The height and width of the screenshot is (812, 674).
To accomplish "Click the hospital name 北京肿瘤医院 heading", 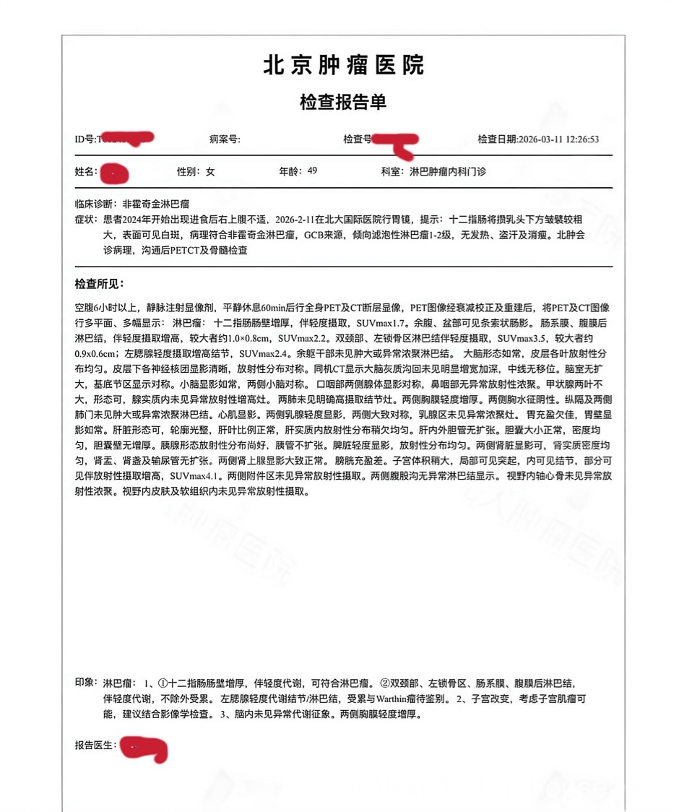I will (x=343, y=66).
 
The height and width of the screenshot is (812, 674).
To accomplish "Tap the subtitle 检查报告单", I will (x=343, y=102).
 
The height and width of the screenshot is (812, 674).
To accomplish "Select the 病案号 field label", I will (x=224, y=139).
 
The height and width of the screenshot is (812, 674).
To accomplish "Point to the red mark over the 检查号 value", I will (x=397, y=142).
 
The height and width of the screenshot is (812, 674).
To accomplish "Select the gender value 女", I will (x=210, y=172).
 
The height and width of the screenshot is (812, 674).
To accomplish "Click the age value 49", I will (x=312, y=171).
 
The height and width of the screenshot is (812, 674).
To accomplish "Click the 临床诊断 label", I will (x=95, y=204).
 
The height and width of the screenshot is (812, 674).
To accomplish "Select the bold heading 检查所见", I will (x=100, y=283).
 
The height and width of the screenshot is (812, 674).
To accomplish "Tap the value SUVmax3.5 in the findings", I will (x=519, y=337).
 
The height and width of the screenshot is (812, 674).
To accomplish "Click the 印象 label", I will (x=86, y=682).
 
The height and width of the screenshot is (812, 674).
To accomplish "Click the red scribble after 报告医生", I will (x=144, y=748).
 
